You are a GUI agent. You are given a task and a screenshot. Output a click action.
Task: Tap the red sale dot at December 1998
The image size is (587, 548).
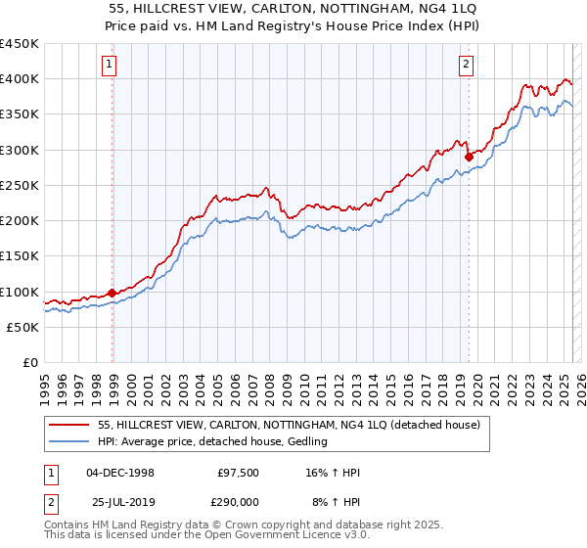coord(112,292)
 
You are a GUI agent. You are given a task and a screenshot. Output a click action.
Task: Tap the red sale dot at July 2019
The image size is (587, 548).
coord(469,157)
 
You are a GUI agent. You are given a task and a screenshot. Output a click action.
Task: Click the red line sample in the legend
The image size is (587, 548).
coord(70,426)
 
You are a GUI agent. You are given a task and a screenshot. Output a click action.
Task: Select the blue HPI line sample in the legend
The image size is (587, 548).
coord(70,442)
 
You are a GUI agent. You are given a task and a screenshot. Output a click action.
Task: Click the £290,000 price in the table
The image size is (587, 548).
coord(239,501)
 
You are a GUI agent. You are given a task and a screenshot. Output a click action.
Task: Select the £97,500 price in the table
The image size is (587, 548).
coord(239,473)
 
